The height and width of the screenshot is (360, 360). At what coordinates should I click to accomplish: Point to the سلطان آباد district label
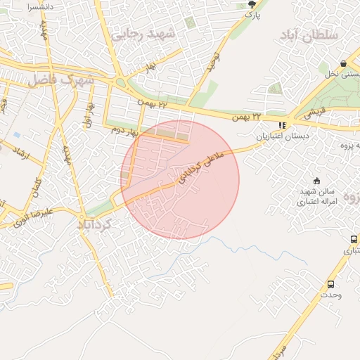[309, 34]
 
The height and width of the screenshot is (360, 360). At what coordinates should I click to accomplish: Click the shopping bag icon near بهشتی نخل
[342, 63]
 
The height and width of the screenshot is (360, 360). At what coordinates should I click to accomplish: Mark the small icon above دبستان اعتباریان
[283, 125]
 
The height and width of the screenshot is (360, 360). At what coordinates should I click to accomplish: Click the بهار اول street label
[89, 115]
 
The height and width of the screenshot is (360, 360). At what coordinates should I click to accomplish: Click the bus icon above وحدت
[330, 284]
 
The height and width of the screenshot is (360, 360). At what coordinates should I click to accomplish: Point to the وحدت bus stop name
[330, 295]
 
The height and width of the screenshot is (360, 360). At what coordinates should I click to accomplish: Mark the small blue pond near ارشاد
[16, 134]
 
